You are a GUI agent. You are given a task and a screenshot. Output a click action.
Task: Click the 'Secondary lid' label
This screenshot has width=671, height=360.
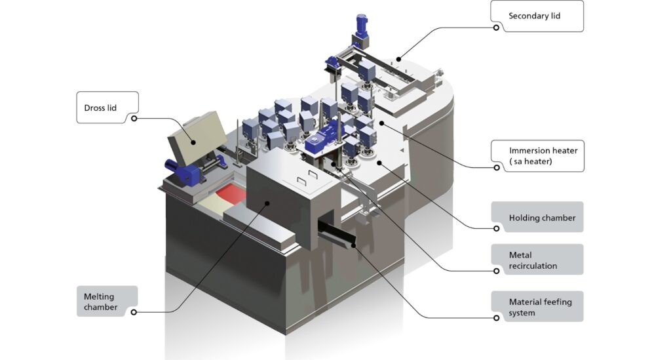coord(534,16)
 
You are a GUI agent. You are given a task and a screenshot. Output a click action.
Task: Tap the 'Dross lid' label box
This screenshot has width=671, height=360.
coord(107,108)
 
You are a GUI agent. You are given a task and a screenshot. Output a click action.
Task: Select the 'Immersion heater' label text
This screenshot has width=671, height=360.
coord(543,156)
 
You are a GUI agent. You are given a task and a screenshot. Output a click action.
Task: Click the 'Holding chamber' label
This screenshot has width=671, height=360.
coord(542,218)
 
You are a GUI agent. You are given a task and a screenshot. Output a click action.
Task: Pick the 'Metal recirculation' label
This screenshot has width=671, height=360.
coord(533,260)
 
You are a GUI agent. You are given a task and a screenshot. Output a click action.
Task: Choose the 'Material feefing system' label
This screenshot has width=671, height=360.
coord(540,308)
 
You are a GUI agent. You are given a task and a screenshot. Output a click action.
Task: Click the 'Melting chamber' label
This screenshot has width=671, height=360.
coord(100,302)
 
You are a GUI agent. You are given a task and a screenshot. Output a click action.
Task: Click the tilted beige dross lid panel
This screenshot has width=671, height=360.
coord(197,137)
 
